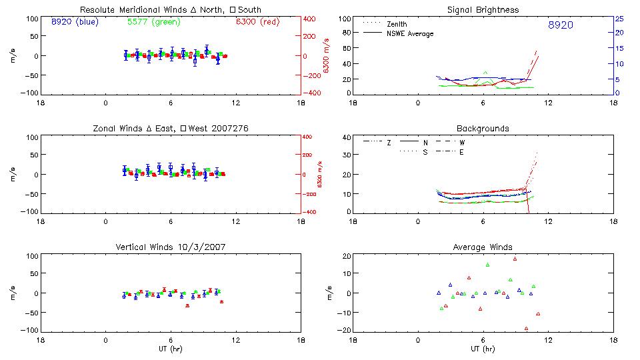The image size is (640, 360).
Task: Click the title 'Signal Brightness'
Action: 483,10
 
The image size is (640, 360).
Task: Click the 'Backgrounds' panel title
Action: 483,128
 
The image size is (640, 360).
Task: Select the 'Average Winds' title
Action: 483,247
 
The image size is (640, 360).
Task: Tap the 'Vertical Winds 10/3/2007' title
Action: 171,247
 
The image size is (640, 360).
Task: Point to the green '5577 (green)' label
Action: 152,22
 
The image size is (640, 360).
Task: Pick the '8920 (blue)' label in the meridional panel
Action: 74,22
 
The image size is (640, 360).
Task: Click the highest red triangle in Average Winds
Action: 515,259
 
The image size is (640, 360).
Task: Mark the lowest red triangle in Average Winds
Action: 526,328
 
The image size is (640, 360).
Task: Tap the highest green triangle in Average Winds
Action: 487,265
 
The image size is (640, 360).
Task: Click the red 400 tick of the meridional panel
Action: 309,19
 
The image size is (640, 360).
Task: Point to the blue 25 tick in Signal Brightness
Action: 619,19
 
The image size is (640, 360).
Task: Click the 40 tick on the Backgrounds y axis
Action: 347,138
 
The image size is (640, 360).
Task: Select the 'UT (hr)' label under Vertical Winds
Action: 171,349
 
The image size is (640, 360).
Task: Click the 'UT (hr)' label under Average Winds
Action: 483,349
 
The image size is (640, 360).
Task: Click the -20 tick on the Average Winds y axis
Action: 345,330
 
